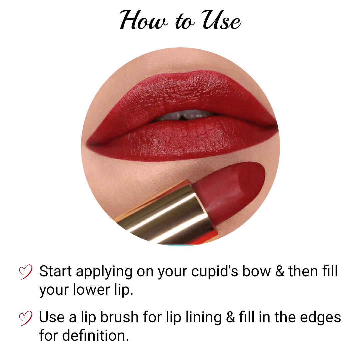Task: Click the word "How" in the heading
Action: tap(142, 21)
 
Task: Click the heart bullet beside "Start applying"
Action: tap(26, 272)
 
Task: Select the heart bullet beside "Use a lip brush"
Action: tap(26, 318)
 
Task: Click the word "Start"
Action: tap(56, 272)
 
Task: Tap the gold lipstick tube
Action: tap(167, 213)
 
